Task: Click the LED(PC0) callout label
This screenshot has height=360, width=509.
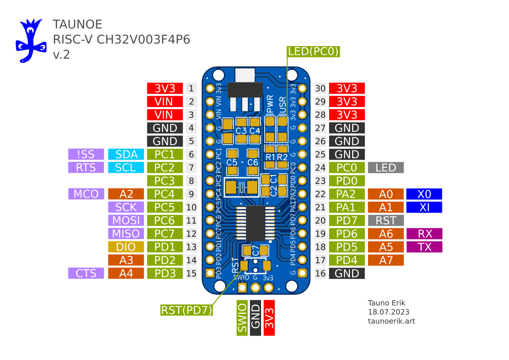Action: (x=314, y=52)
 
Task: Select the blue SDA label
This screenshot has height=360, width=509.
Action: (x=126, y=154)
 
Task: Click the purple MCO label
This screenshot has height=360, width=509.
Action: (x=86, y=194)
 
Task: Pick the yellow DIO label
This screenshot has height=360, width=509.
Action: (x=126, y=247)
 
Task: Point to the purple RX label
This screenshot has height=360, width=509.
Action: (x=425, y=234)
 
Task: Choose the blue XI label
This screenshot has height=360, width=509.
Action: (x=424, y=208)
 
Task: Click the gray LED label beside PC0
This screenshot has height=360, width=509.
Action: (x=386, y=168)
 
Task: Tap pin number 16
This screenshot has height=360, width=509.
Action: (x=321, y=273)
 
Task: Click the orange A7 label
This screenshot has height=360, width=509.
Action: (x=386, y=260)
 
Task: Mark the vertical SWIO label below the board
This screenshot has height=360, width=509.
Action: (x=242, y=318)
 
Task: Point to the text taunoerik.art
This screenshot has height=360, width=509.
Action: (x=391, y=321)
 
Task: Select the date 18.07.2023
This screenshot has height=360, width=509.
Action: (x=388, y=312)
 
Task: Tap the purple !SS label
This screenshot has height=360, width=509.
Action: (x=86, y=154)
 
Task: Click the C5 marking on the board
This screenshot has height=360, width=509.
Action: (x=232, y=162)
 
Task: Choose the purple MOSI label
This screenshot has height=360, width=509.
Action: (x=126, y=221)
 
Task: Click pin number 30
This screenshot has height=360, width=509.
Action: (x=321, y=88)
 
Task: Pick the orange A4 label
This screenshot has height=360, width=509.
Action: (x=126, y=273)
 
